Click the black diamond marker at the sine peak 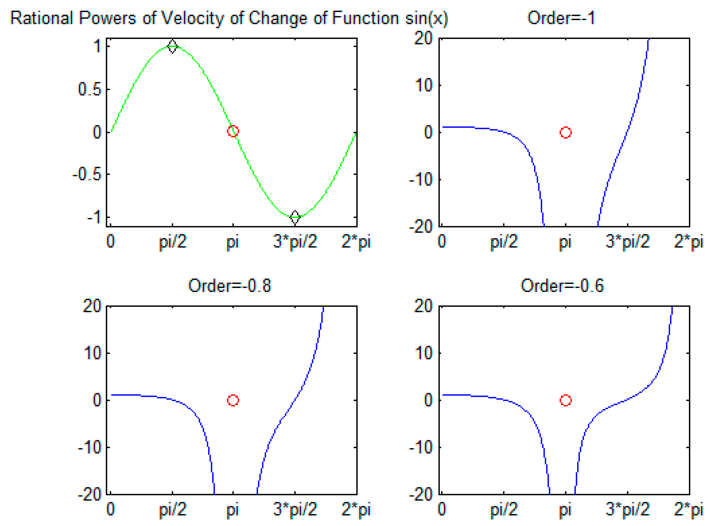click(172, 47)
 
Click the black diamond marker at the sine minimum click(295, 217)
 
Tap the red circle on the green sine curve click(233, 131)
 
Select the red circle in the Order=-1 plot click(565, 132)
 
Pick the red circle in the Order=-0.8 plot click(233, 400)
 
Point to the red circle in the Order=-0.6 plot click(565, 400)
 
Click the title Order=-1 click(561, 18)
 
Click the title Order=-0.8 click(229, 286)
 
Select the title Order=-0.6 click(562, 286)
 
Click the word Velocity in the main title click(193, 19)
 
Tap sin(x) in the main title click(427, 19)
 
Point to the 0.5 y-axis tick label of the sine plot click(89, 89)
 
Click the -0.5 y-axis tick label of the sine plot click(87, 175)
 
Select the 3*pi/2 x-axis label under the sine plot click(295, 242)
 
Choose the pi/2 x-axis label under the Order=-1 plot click(504, 242)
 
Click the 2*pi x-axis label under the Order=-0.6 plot click(688, 509)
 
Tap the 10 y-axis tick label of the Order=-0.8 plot click(92, 353)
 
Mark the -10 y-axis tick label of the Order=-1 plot click(421, 180)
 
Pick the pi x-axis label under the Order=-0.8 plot click(233, 509)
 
